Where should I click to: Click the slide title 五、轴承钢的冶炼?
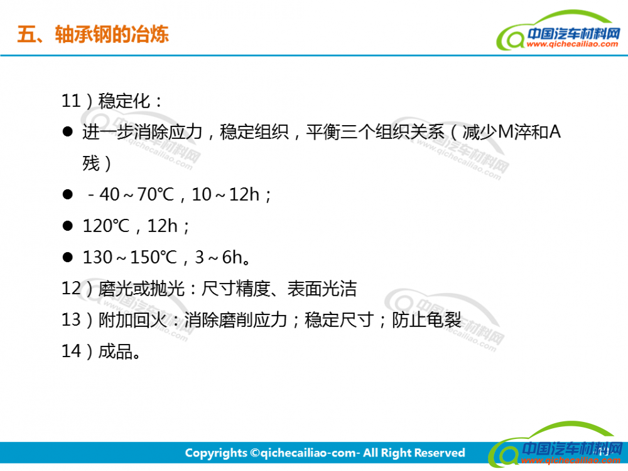93,34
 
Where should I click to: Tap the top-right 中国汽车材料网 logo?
558,31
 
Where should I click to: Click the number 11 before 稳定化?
72,101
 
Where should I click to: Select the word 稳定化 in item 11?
124,101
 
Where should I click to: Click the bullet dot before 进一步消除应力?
68,131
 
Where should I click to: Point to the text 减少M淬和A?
511,132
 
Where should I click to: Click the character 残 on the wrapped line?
91,163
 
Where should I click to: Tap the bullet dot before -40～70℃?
68,194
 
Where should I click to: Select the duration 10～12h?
225,194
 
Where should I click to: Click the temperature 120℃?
106,226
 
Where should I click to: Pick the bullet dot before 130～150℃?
68,257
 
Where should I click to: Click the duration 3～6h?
219,257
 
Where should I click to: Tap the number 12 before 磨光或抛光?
72,289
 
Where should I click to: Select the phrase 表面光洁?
322,289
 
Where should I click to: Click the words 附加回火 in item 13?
133,319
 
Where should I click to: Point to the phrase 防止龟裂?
426,319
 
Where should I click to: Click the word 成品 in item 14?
116,351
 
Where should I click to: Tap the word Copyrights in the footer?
216,453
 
